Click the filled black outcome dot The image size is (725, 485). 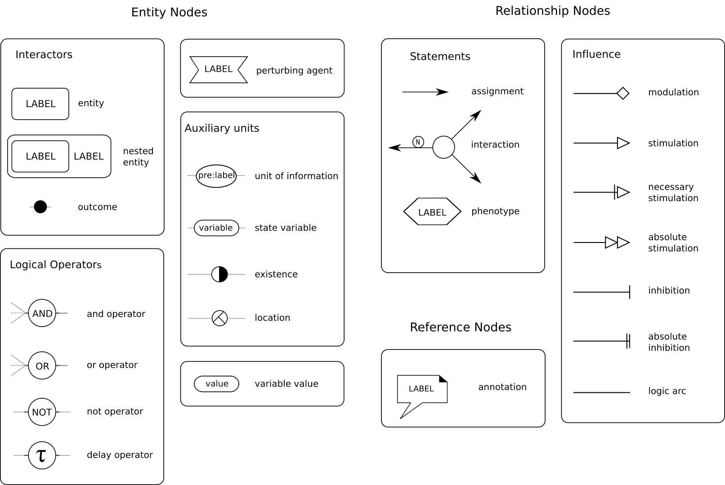40,207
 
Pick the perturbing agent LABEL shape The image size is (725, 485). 219,70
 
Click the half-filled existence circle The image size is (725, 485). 219,274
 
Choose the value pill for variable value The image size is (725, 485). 216,384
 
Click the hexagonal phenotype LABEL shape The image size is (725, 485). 432,211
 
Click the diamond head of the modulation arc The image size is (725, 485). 623,93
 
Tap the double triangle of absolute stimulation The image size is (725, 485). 617,242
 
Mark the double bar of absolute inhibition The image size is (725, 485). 628,341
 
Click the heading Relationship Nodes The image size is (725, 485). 553,11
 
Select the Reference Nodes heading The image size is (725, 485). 461,327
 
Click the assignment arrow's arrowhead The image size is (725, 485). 442,92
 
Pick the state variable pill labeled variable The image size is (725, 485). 216,228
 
